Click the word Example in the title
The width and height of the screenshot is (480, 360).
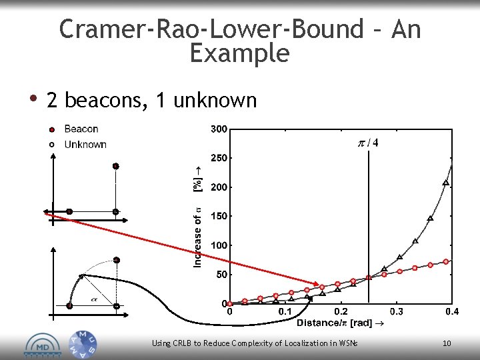239,53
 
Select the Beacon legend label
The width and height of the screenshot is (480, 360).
81,129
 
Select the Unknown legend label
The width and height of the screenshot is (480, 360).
85,144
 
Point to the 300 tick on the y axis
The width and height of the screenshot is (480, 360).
219,129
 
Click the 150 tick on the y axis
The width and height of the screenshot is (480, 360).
219,216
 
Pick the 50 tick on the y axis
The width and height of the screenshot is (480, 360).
221,274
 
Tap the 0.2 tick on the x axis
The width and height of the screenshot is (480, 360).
341,311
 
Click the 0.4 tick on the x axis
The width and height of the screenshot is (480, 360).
452,311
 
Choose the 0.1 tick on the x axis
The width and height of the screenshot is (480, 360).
285,311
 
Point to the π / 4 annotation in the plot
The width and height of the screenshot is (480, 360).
369,143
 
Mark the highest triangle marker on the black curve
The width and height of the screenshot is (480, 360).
446,183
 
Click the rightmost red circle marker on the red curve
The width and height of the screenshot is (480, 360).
446,261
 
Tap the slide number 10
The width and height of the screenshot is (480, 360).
447,343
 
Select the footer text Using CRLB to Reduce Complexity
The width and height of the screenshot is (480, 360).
255,343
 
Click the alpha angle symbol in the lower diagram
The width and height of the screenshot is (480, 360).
93,299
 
